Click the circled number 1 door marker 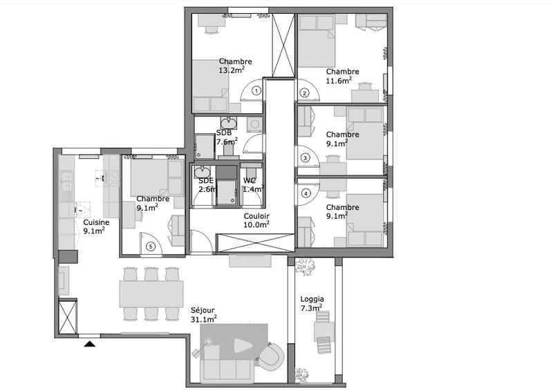256,90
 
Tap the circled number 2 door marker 303,93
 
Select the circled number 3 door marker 304,157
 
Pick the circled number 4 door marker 305,193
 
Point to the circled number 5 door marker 149,246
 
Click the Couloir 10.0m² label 256,220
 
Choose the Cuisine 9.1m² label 94,227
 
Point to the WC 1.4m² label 253,184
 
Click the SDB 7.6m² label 226,137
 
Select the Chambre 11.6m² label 342,76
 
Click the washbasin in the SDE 203,172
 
